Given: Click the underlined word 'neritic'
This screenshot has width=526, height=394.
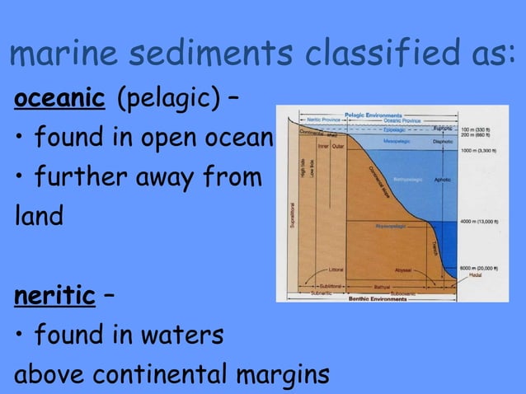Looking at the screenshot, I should tap(54, 296).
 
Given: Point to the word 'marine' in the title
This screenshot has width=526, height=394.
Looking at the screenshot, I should tap(63, 54).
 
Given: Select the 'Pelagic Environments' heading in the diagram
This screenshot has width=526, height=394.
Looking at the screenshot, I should tap(373, 115).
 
